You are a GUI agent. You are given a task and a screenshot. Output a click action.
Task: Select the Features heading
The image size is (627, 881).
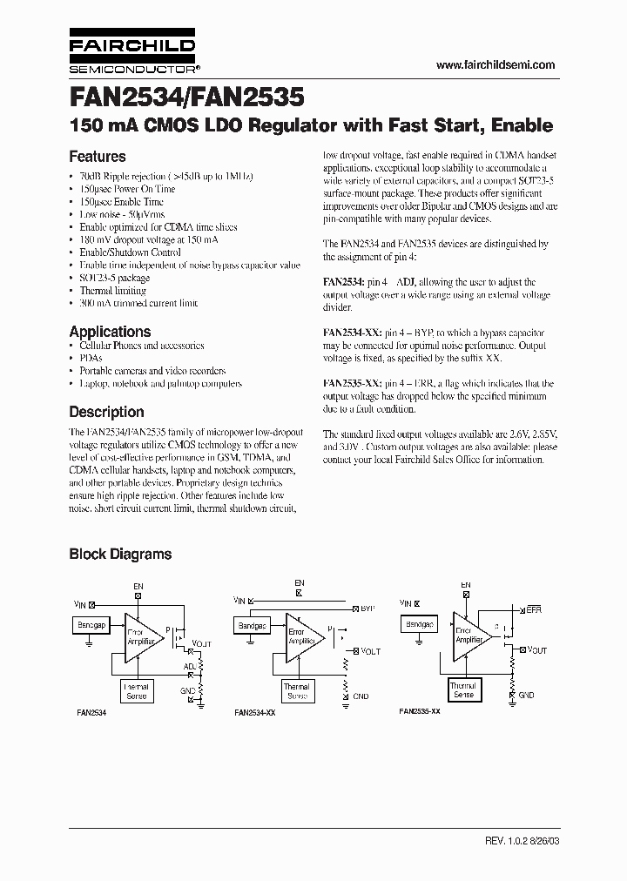click(x=98, y=157)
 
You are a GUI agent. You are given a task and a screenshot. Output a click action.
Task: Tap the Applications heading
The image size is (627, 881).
click(x=110, y=332)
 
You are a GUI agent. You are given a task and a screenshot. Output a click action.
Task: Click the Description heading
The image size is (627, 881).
click(x=106, y=412)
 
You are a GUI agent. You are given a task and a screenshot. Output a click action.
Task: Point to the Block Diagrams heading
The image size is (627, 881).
click(x=120, y=554)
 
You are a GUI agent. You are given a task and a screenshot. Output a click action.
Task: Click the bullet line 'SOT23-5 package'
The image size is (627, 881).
click(x=115, y=278)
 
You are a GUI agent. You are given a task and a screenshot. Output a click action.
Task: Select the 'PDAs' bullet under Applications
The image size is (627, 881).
click(x=91, y=358)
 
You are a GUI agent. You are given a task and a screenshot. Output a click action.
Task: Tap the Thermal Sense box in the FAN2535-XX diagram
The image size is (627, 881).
click(x=462, y=691)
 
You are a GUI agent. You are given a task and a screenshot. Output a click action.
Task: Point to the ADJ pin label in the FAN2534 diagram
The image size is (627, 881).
click(x=189, y=666)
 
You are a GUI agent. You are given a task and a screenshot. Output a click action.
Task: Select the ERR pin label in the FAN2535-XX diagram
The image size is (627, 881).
click(x=534, y=611)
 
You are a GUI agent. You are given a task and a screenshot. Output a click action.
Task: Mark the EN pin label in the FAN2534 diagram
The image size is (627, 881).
click(x=137, y=587)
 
